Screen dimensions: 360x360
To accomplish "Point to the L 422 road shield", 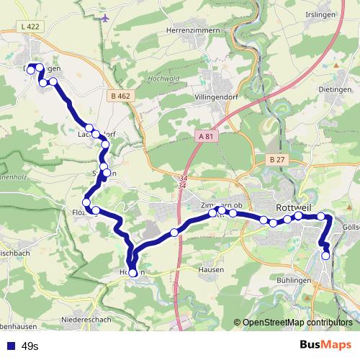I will [30, 25].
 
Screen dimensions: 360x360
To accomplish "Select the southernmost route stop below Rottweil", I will [325, 255].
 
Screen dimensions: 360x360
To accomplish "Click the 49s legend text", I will [30, 346].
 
